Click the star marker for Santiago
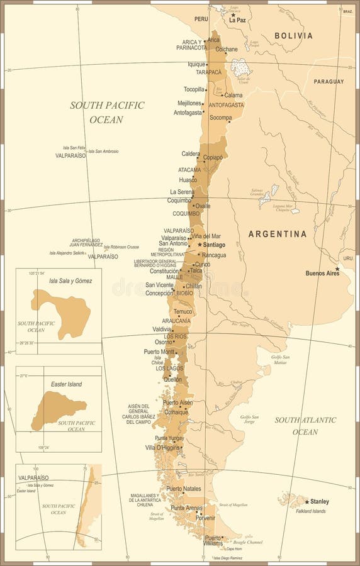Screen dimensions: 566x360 (x=200, y=245)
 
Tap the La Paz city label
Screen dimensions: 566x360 (x=238, y=20)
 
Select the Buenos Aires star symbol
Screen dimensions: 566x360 (x=337, y=269)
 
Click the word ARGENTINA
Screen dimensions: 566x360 (x=278, y=234)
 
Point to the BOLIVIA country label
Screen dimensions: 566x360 (x=293, y=36)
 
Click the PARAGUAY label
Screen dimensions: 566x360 (x=329, y=82)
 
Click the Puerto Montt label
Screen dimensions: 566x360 (x=159, y=351)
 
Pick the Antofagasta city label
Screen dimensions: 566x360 (x=188, y=113)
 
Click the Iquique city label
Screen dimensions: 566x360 (x=196, y=64)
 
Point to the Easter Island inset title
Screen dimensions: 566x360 (x=66, y=384)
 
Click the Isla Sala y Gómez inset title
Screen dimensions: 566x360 (x=70, y=280)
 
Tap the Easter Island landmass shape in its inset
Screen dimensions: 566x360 (x=57, y=409)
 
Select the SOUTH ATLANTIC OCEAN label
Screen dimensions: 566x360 (x=305, y=426)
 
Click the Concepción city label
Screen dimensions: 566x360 (x=159, y=292)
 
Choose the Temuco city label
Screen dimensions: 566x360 (x=183, y=311)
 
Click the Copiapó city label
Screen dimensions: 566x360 (x=213, y=157)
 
